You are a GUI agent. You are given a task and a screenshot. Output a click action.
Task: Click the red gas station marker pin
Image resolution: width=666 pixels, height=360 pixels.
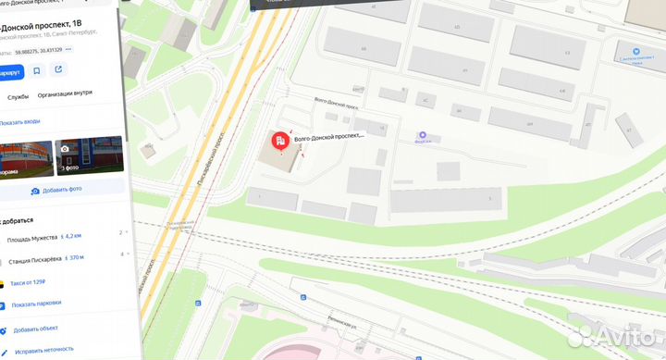pos(277,142)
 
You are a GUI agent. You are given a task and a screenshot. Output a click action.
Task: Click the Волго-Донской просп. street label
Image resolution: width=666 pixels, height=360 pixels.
pos(336,104)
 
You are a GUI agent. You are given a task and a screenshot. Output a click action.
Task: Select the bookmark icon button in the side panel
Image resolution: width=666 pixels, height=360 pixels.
pos(37,70)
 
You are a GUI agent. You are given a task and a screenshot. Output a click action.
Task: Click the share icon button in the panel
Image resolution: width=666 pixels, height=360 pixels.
pos(58,70)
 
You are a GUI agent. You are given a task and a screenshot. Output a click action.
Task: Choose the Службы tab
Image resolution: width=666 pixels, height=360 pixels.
pos(18,95)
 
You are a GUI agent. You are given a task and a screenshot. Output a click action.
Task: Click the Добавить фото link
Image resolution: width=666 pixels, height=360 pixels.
pos(61,190)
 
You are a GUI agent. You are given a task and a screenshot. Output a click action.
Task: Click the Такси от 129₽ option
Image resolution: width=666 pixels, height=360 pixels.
pos(33,281)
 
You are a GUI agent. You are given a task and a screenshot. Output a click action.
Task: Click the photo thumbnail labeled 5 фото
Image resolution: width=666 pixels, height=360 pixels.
pos(89,156)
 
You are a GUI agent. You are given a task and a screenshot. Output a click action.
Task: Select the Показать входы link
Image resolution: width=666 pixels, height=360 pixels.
pos(20,121)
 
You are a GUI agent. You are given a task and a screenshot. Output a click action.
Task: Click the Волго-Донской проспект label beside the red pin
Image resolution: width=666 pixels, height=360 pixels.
pos(328,136)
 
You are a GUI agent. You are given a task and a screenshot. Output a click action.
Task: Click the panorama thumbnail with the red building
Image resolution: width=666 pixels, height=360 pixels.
pos(23,156)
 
